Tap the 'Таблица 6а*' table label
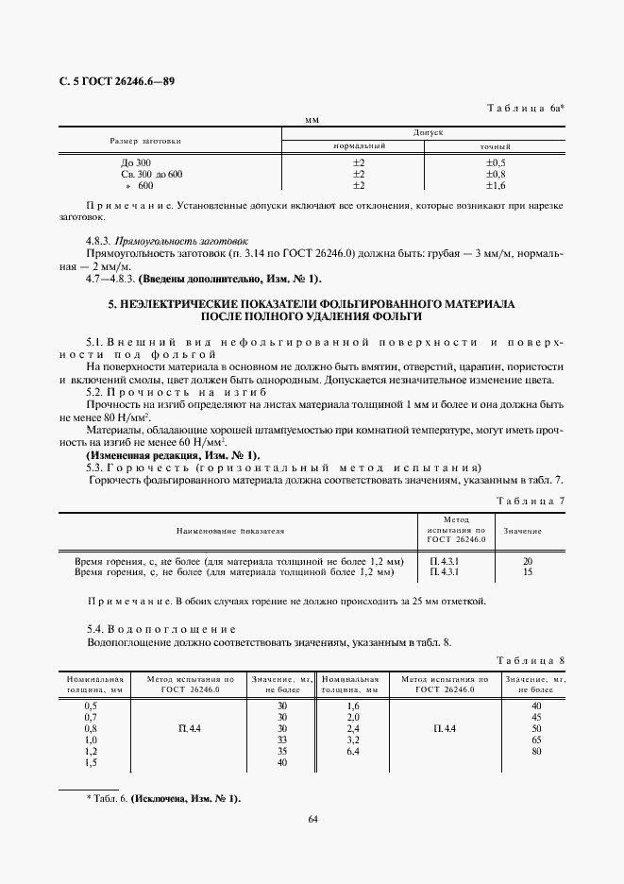pos(525,110)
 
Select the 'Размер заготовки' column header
pos(145,140)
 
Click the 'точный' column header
pos(496,147)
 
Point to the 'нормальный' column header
pos(361,147)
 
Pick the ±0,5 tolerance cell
pos(495,162)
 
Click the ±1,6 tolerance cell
pos(495,185)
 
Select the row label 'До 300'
pos(123,162)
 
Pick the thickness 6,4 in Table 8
pos(354,751)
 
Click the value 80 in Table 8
pos(536,751)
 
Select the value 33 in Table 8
pos(281,739)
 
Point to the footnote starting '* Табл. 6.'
pos(163,799)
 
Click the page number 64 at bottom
pos(312,845)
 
